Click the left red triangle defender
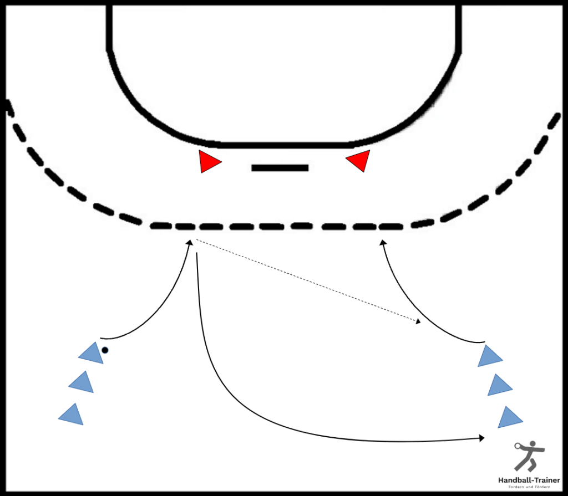208,161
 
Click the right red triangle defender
359,160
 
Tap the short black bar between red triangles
280,167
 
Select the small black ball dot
105,350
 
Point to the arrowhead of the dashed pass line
418,321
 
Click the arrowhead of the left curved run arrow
189,242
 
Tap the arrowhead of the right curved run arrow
383,242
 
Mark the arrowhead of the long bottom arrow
482,438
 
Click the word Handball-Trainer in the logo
529,480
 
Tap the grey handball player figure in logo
529,456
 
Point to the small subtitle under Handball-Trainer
529,487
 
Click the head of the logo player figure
532,443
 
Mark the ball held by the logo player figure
517,446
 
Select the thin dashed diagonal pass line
308,281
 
